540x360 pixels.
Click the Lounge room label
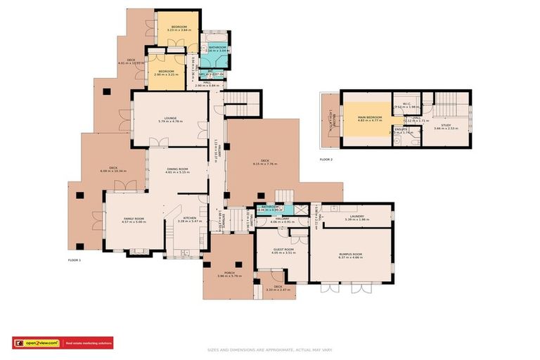tap(169, 118)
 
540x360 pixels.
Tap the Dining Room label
tap(177, 169)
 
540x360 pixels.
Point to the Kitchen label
tap(190, 219)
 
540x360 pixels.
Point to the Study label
tap(446, 125)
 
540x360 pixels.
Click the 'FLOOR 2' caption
tap(326, 160)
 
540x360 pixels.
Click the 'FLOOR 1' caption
tap(75, 261)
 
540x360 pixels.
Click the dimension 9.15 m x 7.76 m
tap(265, 164)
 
